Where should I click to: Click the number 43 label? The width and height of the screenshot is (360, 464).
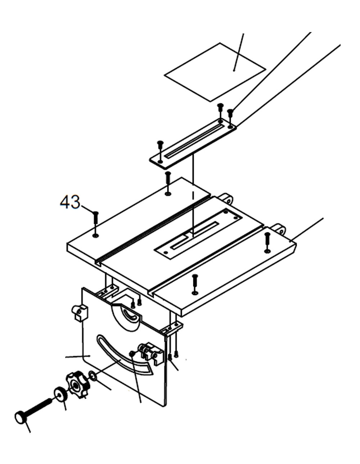click(70, 202)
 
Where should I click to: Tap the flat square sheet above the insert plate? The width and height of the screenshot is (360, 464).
click(215, 72)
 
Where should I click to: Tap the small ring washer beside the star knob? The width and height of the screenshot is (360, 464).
click(93, 376)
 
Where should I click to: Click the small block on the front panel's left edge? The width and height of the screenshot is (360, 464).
click(80, 312)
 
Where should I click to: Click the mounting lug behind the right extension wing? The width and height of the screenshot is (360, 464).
click(279, 228)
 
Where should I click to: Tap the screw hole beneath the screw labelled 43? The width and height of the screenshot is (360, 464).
click(95, 236)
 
